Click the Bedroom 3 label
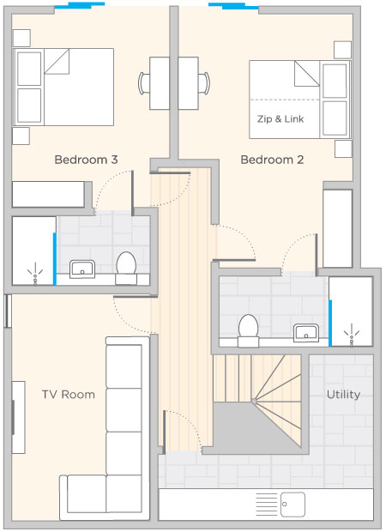tap(86, 160)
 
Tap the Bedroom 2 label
tap(272, 160)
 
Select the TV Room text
tap(68, 394)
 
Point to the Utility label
tap(343, 395)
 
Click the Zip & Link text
tap(280, 119)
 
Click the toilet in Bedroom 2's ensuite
tap(248, 330)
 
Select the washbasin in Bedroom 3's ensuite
tap(82, 269)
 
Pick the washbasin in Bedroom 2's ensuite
tap(306, 333)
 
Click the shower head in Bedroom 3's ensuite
tap(35, 274)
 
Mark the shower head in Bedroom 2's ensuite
tap(352, 336)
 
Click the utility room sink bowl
tap(293, 505)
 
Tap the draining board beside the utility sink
tap(266, 505)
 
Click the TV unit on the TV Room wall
tap(18, 417)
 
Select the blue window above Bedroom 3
tap(80, 5)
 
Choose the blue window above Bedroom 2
tap(233, 6)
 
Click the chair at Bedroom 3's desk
tap(144, 83)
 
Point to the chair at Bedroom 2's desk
tap(204, 83)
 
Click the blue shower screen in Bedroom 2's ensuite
tap(330, 323)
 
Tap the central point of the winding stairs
tap(254, 401)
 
